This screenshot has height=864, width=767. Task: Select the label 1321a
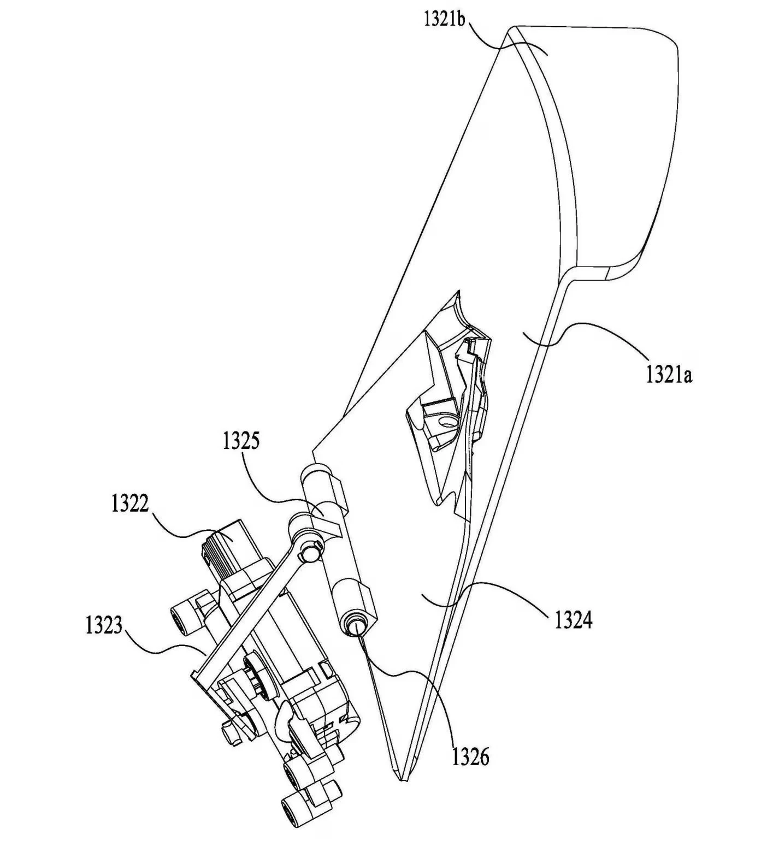click(x=669, y=375)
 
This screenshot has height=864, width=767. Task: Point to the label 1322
click(x=130, y=504)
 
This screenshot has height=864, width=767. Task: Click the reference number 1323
click(x=104, y=625)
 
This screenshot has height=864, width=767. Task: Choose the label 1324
click(x=574, y=621)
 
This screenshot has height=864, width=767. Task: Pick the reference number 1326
click(x=470, y=757)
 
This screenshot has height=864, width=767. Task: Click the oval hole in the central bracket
click(x=449, y=421)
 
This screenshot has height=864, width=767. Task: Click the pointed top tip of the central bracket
click(x=457, y=293)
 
